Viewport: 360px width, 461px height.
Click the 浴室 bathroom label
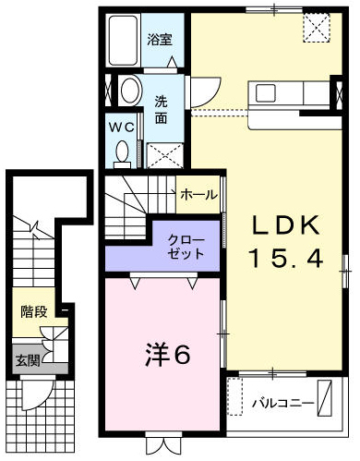pyautogui.click(x=160, y=40)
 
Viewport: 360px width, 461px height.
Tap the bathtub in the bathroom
pyautogui.click(x=123, y=41)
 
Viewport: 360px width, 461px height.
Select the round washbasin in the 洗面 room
pyautogui.click(x=130, y=91)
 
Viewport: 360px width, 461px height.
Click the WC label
pyautogui.click(x=122, y=127)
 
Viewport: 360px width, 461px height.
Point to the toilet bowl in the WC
pyautogui.click(x=123, y=154)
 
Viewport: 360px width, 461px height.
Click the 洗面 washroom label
pyautogui.click(x=161, y=110)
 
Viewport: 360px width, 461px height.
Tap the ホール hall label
pyautogui.click(x=199, y=195)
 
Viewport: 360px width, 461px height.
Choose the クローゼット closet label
pyautogui.click(x=186, y=247)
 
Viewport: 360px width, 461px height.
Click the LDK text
pyautogui.click(x=285, y=225)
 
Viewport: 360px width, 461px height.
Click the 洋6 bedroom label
pyautogui.click(x=168, y=355)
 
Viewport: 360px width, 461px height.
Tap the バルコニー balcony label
pyautogui.click(x=283, y=403)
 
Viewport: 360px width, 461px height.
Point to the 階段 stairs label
pyautogui.click(x=34, y=311)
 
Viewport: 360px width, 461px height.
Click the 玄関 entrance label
pyautogui.click(x=28, y=360)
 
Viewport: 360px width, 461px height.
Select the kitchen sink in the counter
pyautogui.click(x=265, y=93)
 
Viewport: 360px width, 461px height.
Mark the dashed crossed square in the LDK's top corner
pyautogui.click(x=317, y=27)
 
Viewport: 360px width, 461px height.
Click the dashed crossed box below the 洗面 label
pyautogui.click(x=165, y=156)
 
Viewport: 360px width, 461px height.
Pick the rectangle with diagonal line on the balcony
pyautogui.click(x=324, y=398)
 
